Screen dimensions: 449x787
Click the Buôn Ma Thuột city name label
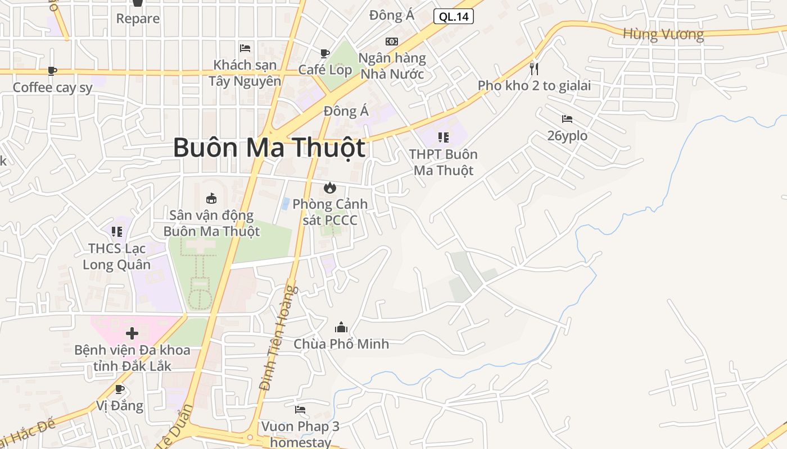[x=269, y=148]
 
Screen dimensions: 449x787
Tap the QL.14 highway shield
[x=453, y=16]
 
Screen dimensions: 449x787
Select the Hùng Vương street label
[x=663, y=34]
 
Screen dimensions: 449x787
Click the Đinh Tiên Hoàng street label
[x=278, y=338]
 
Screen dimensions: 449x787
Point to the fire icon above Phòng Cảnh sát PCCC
[x=330, y=187]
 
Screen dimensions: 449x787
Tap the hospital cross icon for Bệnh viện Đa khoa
[x=132, y=334]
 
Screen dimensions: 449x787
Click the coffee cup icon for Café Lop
[x=325, y=53]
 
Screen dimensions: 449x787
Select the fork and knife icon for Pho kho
[x=534, y=69]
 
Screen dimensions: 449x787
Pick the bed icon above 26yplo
[x=567, y=119]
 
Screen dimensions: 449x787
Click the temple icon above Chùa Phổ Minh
[x=341, y=327]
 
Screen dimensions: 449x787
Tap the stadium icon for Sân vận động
[x=211, y=198]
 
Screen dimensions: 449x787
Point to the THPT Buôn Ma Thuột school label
[x=444, y=162]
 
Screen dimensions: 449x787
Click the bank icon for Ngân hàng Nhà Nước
[x=392, y=42]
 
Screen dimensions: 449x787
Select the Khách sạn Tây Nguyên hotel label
[x=245, y=73]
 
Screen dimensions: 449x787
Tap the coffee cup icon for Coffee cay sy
[x=52, y=71]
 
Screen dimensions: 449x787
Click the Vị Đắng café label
[x=120, y=405]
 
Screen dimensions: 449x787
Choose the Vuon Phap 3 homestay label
[x=300, y=434]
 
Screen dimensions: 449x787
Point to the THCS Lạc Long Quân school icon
[x=117, y=231]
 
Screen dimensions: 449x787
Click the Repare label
[x=138, y=19]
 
